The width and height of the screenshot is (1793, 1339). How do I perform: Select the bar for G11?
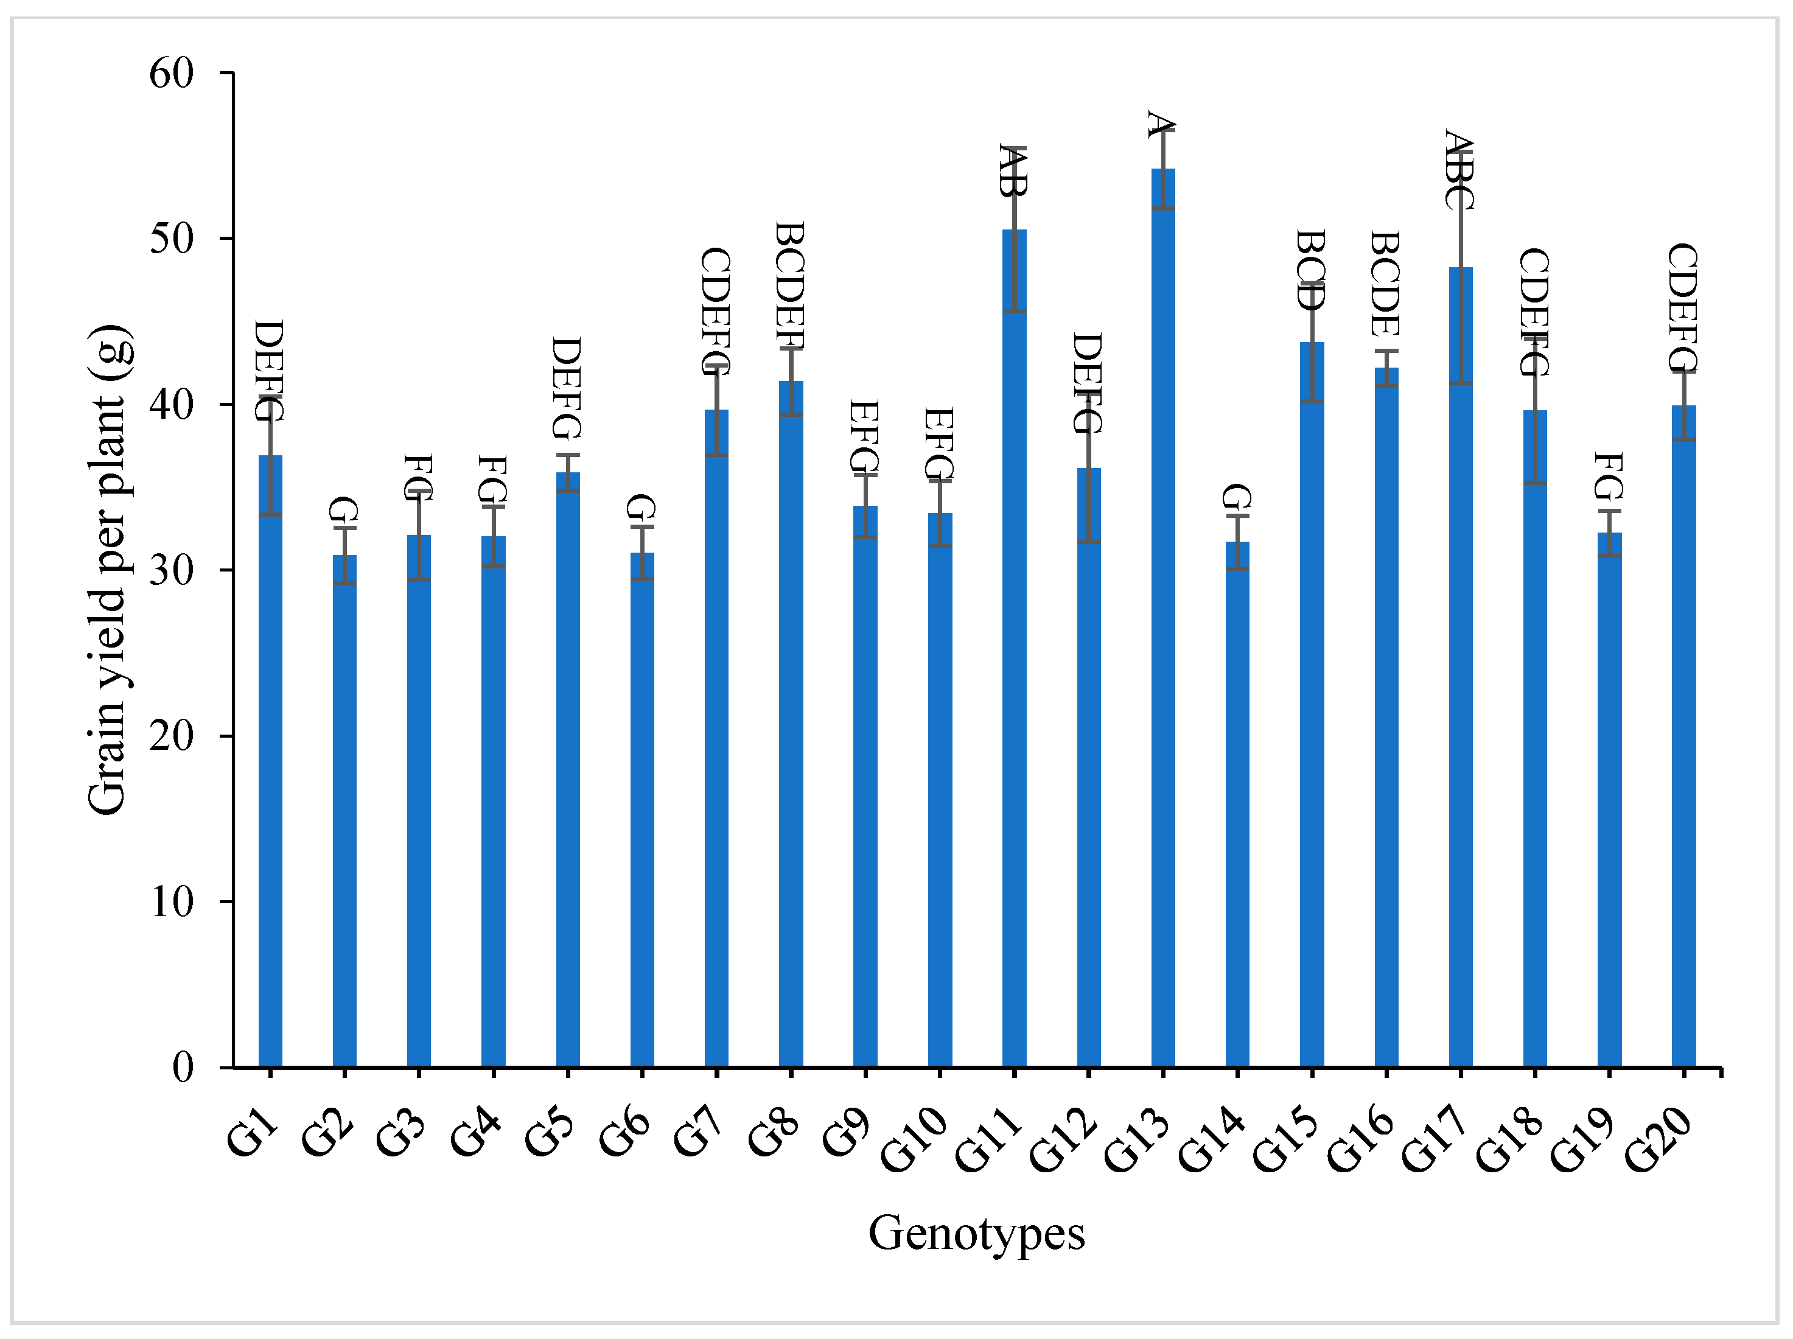[1014, 648]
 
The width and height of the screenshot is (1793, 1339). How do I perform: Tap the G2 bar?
[344, 811]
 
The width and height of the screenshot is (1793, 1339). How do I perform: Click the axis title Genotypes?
[976, 1233]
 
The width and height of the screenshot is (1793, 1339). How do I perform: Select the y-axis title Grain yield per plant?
[110, 570]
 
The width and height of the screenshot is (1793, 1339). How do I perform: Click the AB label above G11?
[1013, 171]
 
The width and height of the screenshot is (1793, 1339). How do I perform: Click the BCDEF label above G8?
[791, 285]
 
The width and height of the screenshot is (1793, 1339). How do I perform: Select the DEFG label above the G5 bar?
[567, 388]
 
